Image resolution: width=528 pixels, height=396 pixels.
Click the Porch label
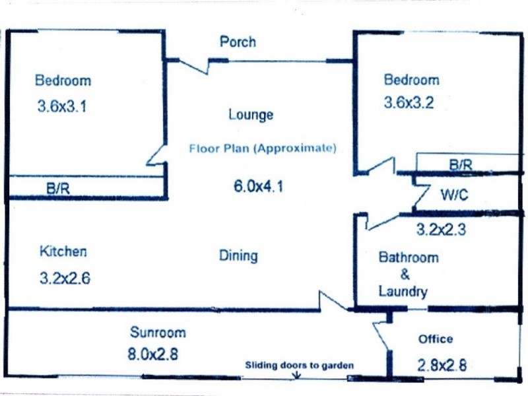pos(237,42)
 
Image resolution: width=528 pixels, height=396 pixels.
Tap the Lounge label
pos(250,115)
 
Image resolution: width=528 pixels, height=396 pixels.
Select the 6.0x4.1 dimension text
pos(258,186)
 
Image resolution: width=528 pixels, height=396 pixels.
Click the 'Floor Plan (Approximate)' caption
pos(263,148)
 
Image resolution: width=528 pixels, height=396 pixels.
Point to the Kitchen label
pos(63,251)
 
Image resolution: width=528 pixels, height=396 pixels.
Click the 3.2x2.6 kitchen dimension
pos(65,278)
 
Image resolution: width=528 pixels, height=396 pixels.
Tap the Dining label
pos(238,256)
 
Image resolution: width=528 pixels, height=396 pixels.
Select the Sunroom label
pos(157,332)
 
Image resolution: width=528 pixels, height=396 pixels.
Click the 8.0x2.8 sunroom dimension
pos(152,354)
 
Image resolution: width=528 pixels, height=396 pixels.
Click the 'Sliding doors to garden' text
pos(300,365)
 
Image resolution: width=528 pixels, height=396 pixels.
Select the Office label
pos(436,339)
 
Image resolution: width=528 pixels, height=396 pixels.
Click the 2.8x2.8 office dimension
pos(442,365)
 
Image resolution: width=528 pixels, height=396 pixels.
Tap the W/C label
pos(454,195)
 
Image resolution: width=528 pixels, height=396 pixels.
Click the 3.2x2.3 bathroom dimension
pos(441,230)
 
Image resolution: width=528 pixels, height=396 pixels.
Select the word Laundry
pos(403,292)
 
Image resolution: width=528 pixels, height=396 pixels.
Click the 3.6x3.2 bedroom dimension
pos(408,104)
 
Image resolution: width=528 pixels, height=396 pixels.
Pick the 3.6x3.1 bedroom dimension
pos(63,106)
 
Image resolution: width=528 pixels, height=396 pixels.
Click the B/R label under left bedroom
pos(58,188)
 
